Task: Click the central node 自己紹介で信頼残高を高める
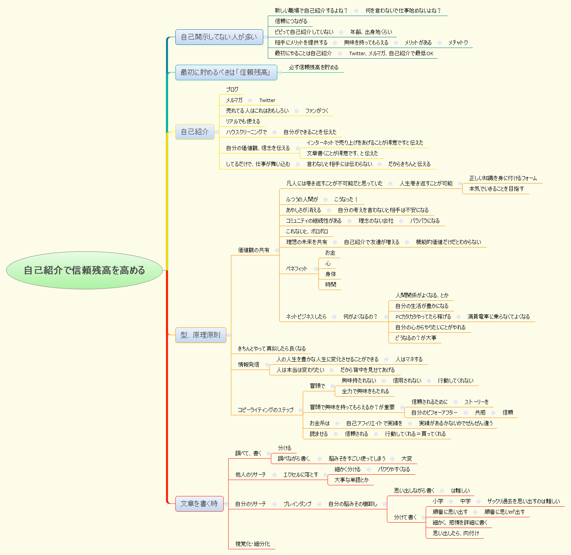tap(84, 270)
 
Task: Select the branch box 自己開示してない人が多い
tap(219, 37)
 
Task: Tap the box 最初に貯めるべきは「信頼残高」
tap(226, 72)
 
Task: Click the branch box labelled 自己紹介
tap(195, 132)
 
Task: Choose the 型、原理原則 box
tap(200, 335)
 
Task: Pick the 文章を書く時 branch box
tap(199, 504)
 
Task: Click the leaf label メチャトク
tap(458, 43)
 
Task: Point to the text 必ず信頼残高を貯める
tap(313, 67)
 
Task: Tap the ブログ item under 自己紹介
tap(232, 89)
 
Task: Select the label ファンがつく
tap(317, 111)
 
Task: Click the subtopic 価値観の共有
tap(253, 250)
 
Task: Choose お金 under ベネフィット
tap(330, 253)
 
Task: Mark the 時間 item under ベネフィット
tap(331, 284)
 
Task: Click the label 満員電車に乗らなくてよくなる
tap(498, 317)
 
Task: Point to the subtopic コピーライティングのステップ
tap(266, 410)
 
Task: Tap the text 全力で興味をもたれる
tap(365, 391)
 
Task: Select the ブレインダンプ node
tap(297, 504)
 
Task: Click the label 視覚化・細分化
tap(253, 544)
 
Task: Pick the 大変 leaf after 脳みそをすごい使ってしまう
tap(407, 459)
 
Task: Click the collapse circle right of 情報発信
tap(267, 365)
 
